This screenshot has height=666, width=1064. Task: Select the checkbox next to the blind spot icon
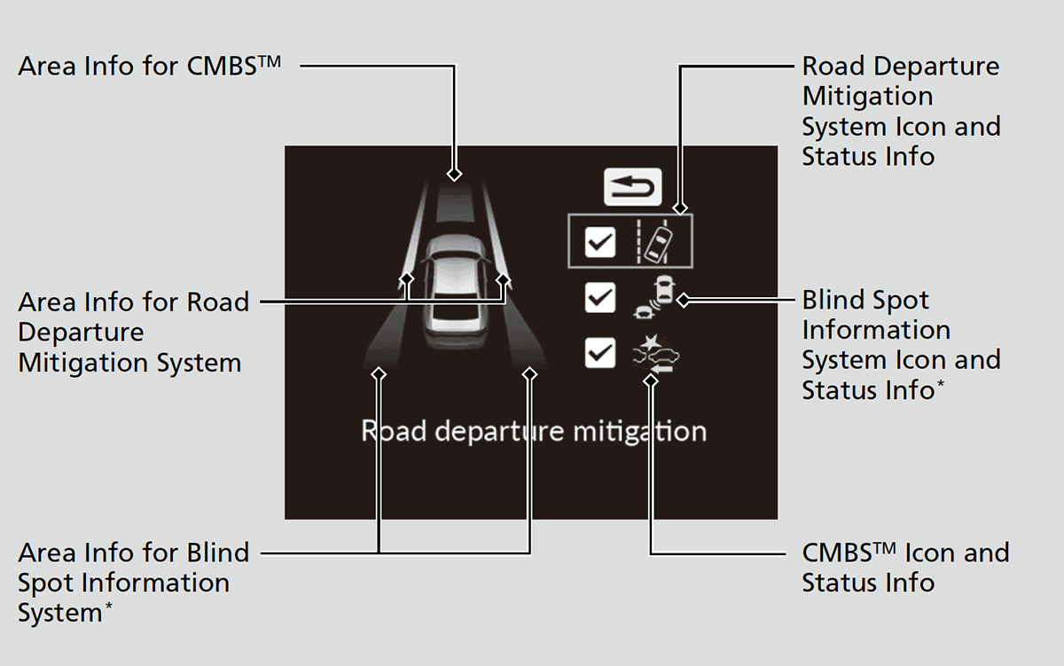click(600, 299)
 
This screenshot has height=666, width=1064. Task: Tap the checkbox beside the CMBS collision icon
click(600, 353)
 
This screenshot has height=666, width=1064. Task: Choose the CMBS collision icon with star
click(657, 353)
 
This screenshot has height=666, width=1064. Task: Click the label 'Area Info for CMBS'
click(150, 66)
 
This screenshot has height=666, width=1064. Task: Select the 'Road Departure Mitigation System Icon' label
click(900, 111)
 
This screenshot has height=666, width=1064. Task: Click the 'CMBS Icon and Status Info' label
click(904, 568)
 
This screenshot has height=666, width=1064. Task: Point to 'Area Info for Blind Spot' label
click(133, 583)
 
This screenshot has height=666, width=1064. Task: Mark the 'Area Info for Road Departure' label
click(133, 333)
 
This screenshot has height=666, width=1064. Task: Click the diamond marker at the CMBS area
click(455, 173)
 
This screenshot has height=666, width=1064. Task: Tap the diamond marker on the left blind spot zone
click(379, 373)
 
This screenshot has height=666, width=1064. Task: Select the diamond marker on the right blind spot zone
click(530, 373)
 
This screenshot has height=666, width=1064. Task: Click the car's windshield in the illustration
click(455, 265)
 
